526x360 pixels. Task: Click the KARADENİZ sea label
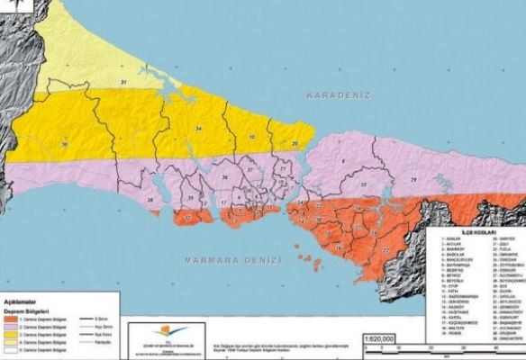[340, 94]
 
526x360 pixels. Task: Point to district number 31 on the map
[125, 83]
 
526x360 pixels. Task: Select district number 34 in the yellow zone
[197, 130]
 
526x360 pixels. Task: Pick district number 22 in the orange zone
[385, 249]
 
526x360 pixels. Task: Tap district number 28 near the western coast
[151, 199]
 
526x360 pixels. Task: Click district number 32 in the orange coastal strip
[186, 217]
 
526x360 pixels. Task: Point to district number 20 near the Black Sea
[295, 144]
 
